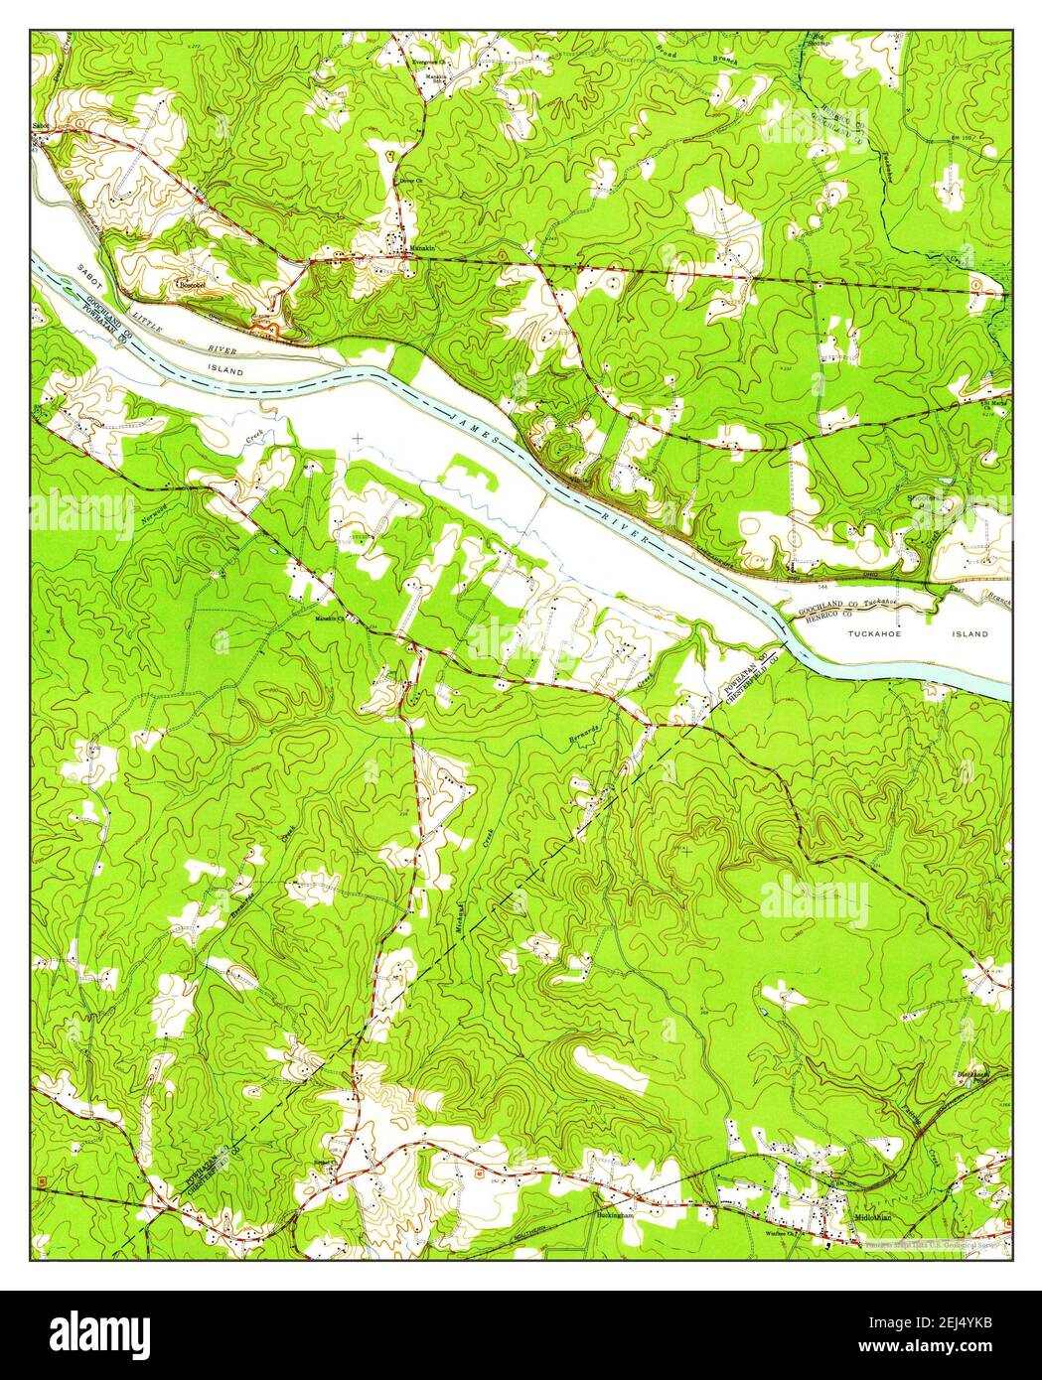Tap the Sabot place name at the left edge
click(x=40, y=125)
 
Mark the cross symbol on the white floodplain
click(x=358, y=437)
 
